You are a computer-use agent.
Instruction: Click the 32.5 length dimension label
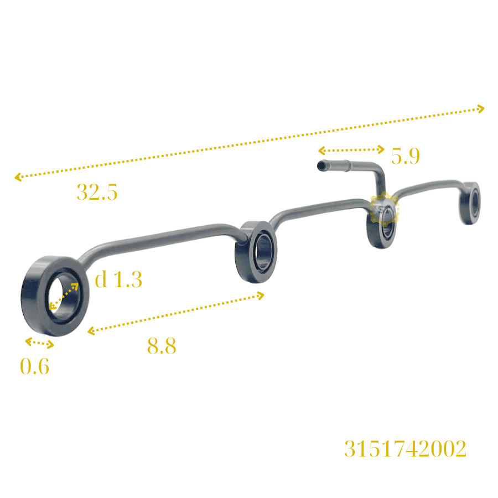point(97,192)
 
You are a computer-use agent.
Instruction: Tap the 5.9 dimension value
point(405,156)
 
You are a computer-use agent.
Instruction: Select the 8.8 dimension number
point(162,345)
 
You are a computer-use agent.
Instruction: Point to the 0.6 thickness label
point(35,366)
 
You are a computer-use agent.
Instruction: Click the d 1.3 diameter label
point(118,279)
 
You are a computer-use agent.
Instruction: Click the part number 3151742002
point(405,448)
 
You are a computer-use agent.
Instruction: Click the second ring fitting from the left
point(256,252)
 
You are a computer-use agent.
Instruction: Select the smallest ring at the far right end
point(470,203)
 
